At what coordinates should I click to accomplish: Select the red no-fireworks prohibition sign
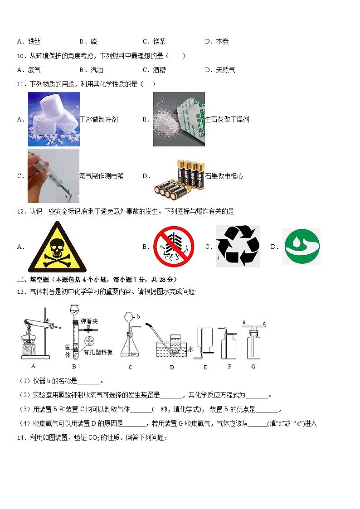174,247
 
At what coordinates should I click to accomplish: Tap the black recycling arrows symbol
238,246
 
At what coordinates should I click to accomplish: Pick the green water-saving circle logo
302,247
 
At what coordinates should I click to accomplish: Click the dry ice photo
54,119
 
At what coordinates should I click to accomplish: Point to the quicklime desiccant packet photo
179,119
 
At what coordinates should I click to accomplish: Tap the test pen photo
54,176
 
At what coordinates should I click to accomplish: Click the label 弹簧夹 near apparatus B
89,321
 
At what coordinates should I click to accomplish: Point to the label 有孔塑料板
98,352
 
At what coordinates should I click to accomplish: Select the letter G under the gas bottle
253,366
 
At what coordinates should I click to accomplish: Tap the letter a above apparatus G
244,322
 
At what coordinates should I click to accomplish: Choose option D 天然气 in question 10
220,70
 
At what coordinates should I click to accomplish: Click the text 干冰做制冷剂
99,120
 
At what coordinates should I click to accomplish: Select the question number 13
21,292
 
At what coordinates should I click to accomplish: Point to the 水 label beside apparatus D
191,349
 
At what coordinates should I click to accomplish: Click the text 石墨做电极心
224,176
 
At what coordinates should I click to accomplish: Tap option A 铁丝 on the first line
29,41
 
